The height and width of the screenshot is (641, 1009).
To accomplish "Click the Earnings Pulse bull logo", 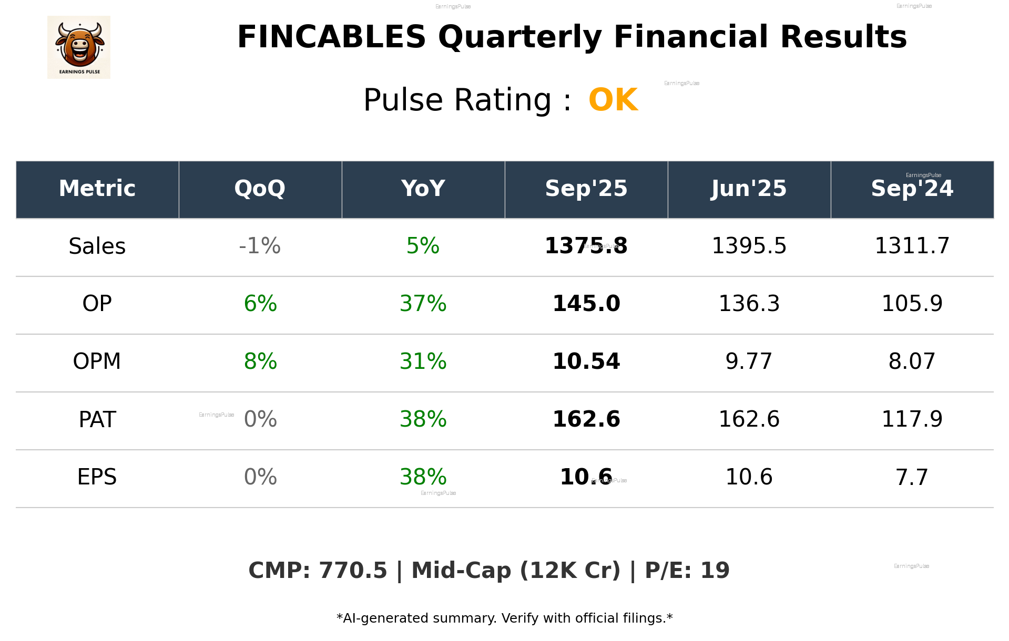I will click(x=79, y=47).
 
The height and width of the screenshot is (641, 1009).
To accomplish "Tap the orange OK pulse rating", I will click(x=613, y=100).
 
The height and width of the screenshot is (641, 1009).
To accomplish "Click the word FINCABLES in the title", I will click(x=331, y=37).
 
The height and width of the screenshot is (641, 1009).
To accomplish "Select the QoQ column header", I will click(x=260, y=189).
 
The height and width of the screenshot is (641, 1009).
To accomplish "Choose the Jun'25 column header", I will click(x=749, y=189).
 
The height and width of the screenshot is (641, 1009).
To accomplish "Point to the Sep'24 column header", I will click(x=912, y=189).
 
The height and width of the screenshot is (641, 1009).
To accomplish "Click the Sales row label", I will click(x=97, y=246).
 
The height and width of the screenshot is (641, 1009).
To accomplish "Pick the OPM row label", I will click(x=97, y=361).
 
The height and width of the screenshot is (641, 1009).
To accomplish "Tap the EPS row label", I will click(x=97, y=477).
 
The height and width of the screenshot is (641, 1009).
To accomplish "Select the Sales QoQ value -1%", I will click(x=260, y=246).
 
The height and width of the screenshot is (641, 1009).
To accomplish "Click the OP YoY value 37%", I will click(x=423, y=304).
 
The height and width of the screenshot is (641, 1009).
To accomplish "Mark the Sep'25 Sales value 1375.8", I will click(x=586, y=246).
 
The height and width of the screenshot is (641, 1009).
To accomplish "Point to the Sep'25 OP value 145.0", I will click(x=586, y=304).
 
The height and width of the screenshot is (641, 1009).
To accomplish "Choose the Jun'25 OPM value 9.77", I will click(x=749, y=361).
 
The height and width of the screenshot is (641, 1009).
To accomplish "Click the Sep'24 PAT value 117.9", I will click(x=912, y=419).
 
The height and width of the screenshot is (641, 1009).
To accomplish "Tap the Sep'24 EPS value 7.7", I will click(x=912, y=477).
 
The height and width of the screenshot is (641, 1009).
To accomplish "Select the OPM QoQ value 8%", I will click(x=260, y=361).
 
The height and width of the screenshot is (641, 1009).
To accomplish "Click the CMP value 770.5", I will click(x=353, y=571).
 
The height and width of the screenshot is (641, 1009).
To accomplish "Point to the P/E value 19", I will click(x=715, y=571).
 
